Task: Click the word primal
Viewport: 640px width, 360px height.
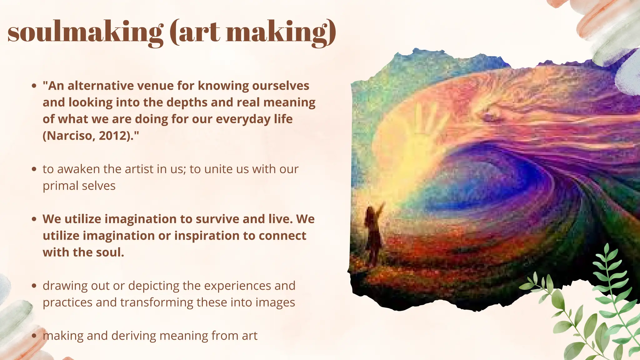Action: (x=60, y=186)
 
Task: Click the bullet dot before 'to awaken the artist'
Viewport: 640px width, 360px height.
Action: (x=35, y=169)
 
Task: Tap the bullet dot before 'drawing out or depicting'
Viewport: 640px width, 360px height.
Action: (x=35, y=286)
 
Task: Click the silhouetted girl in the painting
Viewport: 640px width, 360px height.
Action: (x=372, y=234)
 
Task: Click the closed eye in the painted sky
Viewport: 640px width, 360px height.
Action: (x=494, y=117)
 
